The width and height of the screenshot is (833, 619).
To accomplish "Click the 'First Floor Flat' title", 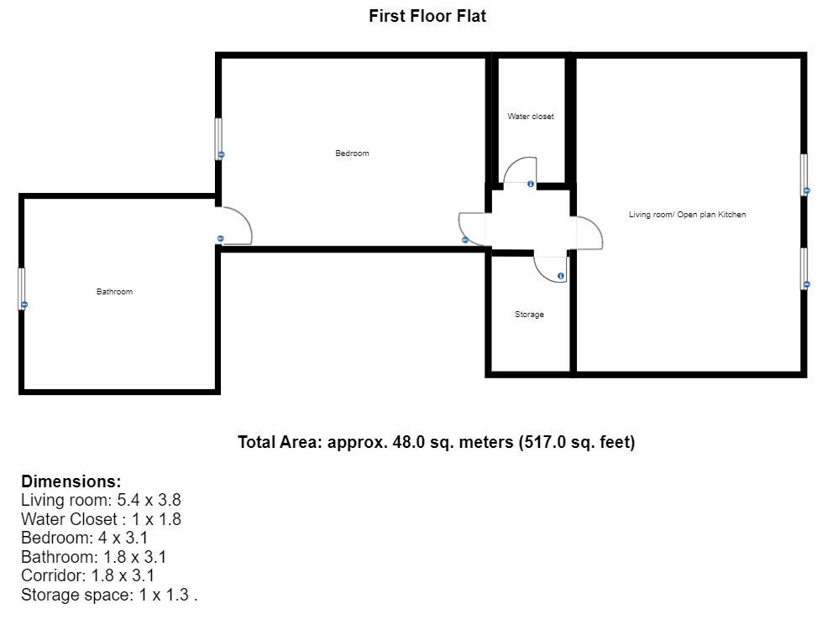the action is pyautogui.click(x=427, y=16).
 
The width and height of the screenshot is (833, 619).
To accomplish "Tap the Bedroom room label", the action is pyautogui.click(x=352, y=153).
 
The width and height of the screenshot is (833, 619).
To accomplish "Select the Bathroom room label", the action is pyautogui.click(x=115, y=291).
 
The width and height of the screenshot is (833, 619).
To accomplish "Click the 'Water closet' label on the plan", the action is pyautogui.click(x=531, y=116).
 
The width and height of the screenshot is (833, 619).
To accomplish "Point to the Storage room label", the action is pyautogui.click(x=529, y=314).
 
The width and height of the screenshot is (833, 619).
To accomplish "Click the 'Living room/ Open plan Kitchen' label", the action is pyautogui.click(x=688, y=214).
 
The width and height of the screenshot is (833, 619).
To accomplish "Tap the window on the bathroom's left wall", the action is pyautogui.click(x=22, y=289).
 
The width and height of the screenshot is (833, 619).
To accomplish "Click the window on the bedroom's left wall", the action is pyautogui.click(x=218, y=138).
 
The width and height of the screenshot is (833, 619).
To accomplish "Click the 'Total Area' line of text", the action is pyautogui.click(x=436, y=442).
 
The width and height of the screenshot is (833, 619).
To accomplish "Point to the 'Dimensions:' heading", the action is pyautogui.click(x=71, y=481).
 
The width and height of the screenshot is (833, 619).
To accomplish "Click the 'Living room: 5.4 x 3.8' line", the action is pyautogui.click(x=101, y=500).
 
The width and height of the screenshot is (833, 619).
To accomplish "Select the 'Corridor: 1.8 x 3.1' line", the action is pyautogui.click(x=87, y=575).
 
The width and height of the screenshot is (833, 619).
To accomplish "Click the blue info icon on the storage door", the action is pyautogui.click(x=560, y=276).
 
